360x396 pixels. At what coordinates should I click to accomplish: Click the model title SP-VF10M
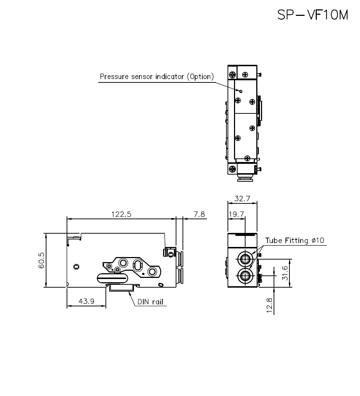(x=313, y=15)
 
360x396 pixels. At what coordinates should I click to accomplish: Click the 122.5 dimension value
(x=121, y=214)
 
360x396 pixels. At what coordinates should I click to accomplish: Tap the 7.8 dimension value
(x=199, y=214)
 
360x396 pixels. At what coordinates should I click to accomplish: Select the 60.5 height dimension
(x=41, y=260)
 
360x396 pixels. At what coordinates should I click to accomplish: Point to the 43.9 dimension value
(x=86, y=301)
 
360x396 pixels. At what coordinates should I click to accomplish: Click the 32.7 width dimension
(x=242, y=198)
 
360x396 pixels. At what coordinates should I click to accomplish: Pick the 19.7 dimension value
(x=236, y=214)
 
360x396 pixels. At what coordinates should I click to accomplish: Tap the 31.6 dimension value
(x=285, y=273)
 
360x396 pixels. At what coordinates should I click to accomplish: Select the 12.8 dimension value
(x=270, y=305)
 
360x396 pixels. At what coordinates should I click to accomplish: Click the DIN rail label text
(x=150, y=302)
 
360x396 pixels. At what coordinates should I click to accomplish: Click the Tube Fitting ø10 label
(x=294, y=240)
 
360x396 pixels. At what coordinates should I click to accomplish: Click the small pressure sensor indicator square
(x=241, y=91)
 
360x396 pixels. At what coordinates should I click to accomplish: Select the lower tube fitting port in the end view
(x=244, y=275)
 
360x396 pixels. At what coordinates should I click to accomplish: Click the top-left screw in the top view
(x=232, y=75)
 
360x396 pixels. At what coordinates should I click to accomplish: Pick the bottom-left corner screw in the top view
(x=232, y=169)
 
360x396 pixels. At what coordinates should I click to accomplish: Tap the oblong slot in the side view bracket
(x=138, y=265)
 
